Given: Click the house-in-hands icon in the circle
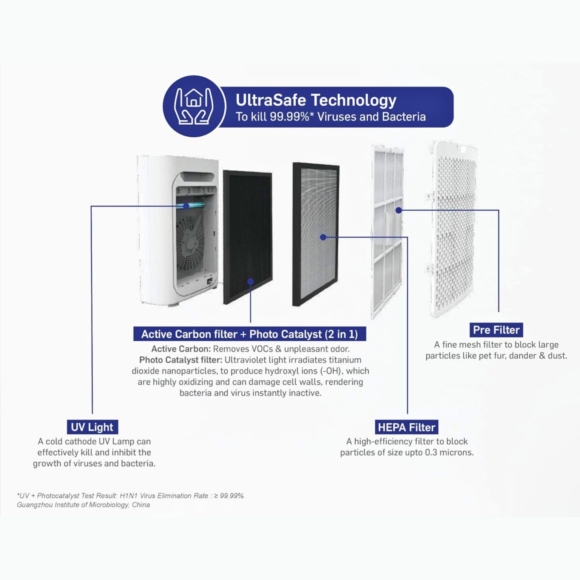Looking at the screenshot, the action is (194, 106).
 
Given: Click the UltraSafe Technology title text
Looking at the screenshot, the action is (316, 100).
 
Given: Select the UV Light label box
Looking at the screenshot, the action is (92, 427).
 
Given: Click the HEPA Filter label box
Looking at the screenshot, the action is (406, 427).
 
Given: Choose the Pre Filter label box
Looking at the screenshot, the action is (496, 330).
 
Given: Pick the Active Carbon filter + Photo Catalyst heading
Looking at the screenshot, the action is (250, 334).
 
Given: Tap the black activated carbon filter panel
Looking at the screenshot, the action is (248, 237).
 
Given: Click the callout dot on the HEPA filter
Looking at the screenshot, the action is (323, 237).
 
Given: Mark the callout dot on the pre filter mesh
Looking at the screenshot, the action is (399, 210).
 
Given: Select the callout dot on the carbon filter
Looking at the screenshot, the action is (250, 281).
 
